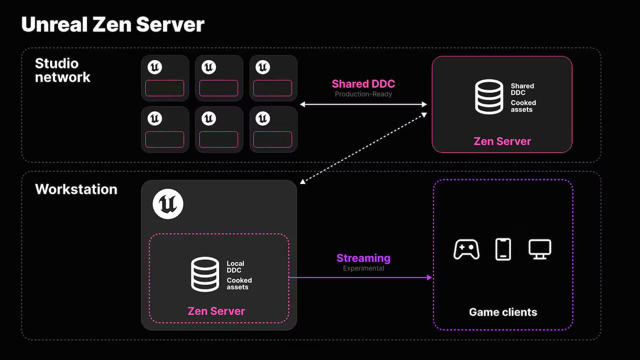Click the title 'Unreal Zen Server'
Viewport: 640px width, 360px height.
pyautogui.click(x=113, y=24)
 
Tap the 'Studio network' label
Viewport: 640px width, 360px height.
pyautogui.click(x=62, y=70)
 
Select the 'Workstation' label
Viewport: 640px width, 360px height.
pyautogui.click(x=76, y=189)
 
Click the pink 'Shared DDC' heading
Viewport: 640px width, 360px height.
pyautogui.click(x=363, y=84)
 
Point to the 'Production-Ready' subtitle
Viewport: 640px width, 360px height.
pyautogui.click(x=363, y=94)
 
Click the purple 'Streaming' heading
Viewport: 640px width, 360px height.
pyautogui.click(x=363, y=258)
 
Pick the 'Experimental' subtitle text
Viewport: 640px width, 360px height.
pyautogui.click(x=363, y=268)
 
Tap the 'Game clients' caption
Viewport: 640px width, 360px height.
pyautogui.click(x=503, y=312)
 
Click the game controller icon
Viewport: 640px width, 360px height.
pyautogui.click(x=466, y=249)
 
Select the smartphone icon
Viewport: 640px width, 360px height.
pyautogui.click(x=503, y=249)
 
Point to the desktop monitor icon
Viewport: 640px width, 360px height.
pyautogui.click(x=539, y=249)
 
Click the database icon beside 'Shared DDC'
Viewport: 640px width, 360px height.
pyautogui.click(x=489, y=97)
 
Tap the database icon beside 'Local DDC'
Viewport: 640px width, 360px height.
pyautogui.click(x=205, y=274)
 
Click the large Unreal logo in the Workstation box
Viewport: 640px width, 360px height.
pyautogui.click(x=168, y=204)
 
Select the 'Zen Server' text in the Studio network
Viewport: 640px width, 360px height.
pyautogui.click(x=502, y=141)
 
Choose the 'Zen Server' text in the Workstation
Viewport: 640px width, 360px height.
pyautogui.click(x=216, y=311)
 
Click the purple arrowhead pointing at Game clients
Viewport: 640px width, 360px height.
pyautogui.click(x=429, y=277)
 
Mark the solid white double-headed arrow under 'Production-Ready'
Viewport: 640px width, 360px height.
pyautogui.click(x=363, y=104)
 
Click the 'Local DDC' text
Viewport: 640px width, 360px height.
pyautogui.click(x=235, y=267)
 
